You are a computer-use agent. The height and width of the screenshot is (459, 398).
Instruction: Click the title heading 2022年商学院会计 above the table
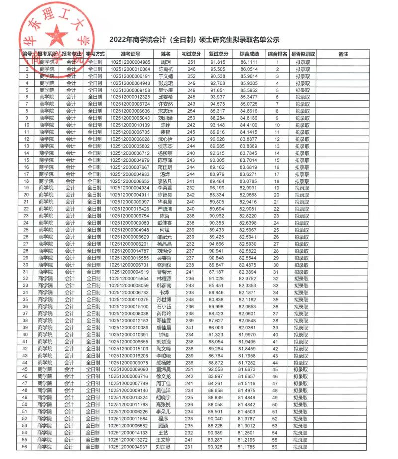(194, 40)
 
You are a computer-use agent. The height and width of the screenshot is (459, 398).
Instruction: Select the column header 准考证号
(130, 54)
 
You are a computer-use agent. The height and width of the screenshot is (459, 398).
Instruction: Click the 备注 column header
(343, 54)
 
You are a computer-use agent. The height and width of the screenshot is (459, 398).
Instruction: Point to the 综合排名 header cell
(277, 54)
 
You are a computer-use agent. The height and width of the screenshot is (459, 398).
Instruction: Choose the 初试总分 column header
(191, 54)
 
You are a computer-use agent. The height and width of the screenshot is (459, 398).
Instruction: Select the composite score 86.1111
(249, 62)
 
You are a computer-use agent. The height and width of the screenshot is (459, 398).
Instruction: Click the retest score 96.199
(218, 188)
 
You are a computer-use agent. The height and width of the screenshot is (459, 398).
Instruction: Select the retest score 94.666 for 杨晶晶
(218, 245)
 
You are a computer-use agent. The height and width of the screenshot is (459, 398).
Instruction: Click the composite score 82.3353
(249, 286)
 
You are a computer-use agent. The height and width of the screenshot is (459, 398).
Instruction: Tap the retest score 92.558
(218, 370)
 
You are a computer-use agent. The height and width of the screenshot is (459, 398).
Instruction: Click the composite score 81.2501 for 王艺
(249, 433)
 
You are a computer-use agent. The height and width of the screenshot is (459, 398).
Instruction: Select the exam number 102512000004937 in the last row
(130, 447)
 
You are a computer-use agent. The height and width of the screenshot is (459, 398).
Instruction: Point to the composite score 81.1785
(249, 447)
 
